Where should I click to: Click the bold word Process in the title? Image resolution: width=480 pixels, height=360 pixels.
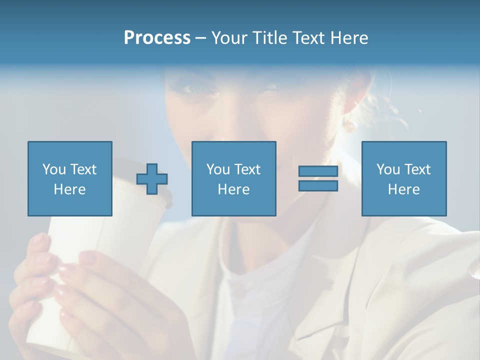pyautogui.click(x=157, y=38)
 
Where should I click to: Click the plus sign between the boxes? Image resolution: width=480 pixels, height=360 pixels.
pyautogui.click(x=152, y=179)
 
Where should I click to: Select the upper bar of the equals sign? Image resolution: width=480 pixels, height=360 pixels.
pyautogui.click(x=318, y=171)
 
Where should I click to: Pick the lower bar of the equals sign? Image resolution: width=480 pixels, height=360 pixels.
pyautogui.click(x=318, y=185)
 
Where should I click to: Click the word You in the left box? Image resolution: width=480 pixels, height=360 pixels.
pyautogui.click(x=54, y=169)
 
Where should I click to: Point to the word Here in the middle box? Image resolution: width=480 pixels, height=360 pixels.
pyautogui.click(x=233, y=189)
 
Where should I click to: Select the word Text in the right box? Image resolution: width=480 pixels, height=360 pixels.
pyautogui.click(x=417, y=169)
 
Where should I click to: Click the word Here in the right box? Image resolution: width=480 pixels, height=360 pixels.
pyautogui.click(x=403, y=189)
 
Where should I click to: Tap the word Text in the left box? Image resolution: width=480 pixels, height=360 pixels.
pyautogui.click(x=82, y=169)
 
